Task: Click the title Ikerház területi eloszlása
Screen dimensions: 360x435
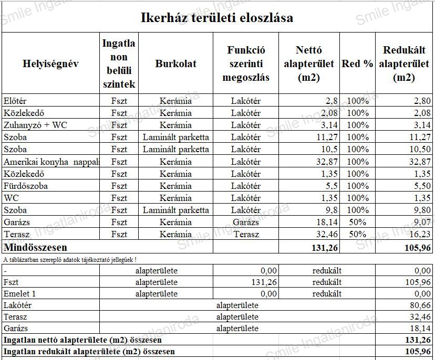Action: (217, 17)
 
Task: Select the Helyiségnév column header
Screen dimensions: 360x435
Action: (50, 63)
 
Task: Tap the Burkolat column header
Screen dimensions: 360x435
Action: (175, 63)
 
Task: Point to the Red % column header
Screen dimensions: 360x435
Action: (357, 63)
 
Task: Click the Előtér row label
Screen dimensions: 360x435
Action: (15, 101)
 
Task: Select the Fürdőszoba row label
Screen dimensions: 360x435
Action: (26, 186)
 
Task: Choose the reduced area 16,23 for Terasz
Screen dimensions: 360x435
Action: (419, 235)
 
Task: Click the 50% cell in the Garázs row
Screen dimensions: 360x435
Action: (357, 222)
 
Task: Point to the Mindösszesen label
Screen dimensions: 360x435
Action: (36, 247)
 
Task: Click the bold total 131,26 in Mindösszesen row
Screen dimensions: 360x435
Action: (322, 247)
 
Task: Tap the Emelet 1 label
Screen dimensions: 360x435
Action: (20, 294)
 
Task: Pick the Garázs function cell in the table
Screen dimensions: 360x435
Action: (246, 222)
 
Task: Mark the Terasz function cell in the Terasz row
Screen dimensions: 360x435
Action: (246, 235)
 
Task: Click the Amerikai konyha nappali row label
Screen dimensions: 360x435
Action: (51, 162)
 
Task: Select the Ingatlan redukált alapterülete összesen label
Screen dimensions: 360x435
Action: (89, 352)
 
